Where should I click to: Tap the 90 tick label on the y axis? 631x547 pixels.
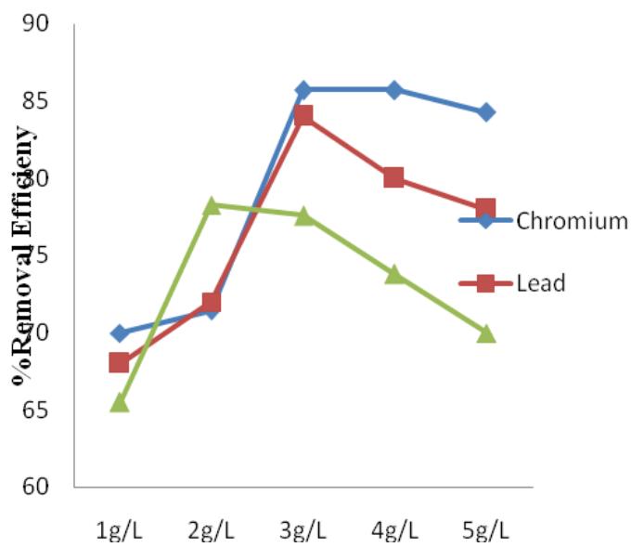(37, 23)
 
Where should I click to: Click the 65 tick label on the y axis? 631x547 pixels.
(37, 410)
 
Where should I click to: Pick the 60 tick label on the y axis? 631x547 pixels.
(37, 487)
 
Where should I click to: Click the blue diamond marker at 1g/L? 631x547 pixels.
(119, 332)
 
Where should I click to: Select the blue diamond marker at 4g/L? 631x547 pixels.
(394, 90)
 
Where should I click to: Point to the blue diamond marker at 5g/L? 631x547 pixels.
(486, 112)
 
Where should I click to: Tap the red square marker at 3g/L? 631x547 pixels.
(303, 116)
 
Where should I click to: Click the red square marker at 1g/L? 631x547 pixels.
(119, 362)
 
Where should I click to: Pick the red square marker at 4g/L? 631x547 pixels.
(394, 177)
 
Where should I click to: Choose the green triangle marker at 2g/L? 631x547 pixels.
(211, 205)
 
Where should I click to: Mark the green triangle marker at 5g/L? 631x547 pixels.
(486, 333)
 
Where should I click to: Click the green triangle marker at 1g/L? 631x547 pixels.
(119, 402)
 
